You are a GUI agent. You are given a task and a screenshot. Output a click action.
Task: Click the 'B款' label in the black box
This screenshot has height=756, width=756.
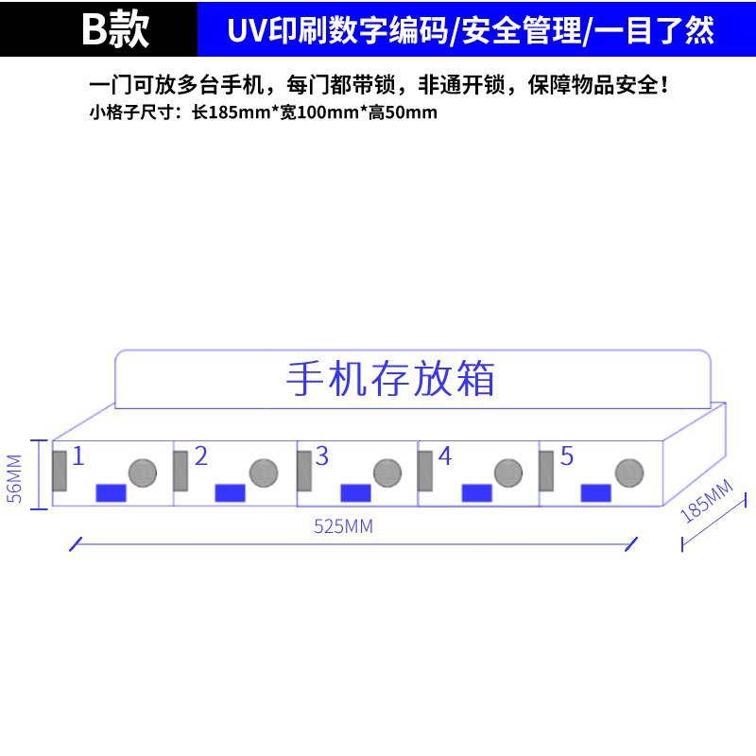point(115,30)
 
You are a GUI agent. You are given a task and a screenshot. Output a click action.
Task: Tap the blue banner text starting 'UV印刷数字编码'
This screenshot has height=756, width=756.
point(471,30)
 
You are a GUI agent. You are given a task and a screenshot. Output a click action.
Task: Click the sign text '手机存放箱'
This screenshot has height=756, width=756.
point(390,379)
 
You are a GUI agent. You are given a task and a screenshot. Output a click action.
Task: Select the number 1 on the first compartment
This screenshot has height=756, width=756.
point(78,456)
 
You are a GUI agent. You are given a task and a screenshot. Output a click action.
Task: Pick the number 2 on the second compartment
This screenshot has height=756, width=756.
point(200,456)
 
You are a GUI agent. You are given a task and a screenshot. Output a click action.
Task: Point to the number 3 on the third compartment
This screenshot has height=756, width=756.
point(321,456)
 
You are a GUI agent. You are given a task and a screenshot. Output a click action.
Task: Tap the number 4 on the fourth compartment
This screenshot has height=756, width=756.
point(444,456)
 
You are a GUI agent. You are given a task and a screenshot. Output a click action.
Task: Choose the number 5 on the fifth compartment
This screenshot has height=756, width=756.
point(566,456)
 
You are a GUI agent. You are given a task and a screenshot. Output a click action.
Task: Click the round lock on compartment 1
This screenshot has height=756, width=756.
point(142,472)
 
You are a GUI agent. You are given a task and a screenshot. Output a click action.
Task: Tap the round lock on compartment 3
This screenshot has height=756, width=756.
point(387,472)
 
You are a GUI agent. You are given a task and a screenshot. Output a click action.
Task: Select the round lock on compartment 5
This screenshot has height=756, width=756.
point(629,472)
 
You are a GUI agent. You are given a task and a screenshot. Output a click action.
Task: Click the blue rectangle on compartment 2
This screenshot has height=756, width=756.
point(231,492)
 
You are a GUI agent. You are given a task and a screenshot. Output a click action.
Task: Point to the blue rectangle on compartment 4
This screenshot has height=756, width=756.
point(476,492)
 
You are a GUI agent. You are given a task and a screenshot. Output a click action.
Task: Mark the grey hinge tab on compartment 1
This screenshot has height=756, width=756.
point(60,471)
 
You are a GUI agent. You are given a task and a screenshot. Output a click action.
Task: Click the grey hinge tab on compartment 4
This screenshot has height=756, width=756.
point(425,471)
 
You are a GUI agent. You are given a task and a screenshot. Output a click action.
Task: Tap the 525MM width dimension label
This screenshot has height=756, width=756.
point(343,527)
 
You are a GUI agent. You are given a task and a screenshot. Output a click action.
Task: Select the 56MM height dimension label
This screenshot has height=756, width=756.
point(14,480)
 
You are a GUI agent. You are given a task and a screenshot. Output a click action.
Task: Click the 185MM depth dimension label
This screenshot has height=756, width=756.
point(706,502)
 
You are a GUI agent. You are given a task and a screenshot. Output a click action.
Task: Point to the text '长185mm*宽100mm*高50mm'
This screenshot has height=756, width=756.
point(314,113)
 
